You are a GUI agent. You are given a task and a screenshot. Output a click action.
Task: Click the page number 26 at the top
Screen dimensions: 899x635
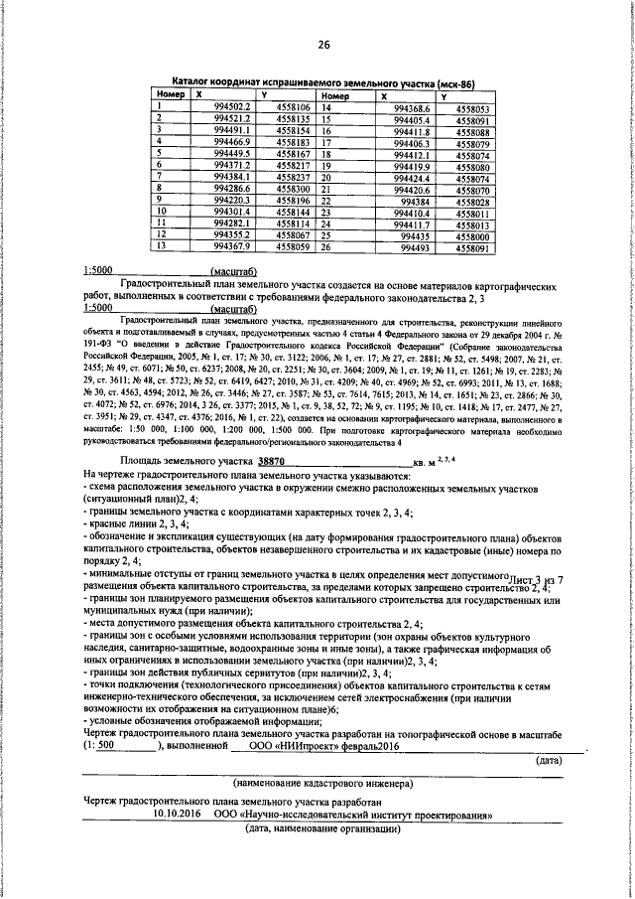coord(323,45)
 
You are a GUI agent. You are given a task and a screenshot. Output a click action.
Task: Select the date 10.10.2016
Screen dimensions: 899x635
coord(177,813)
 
